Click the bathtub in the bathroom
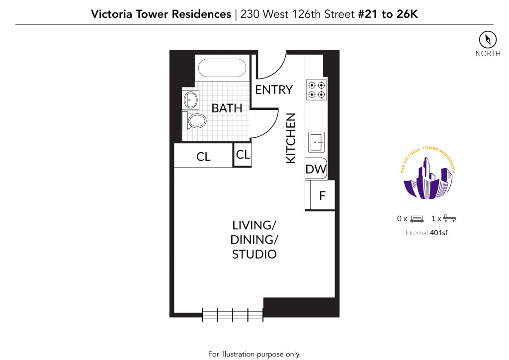222,68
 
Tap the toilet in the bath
194,121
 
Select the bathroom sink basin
190,99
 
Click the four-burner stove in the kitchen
317,90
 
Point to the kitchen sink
316,142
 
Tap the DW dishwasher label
316,169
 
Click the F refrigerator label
322,196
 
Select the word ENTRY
274,90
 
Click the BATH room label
227,108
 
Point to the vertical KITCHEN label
291,138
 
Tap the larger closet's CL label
203,157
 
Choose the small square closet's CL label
243,155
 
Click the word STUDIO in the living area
254,254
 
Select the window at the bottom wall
233,315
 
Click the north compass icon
488,40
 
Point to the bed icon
417,219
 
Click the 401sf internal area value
438,233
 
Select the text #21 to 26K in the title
388,14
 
